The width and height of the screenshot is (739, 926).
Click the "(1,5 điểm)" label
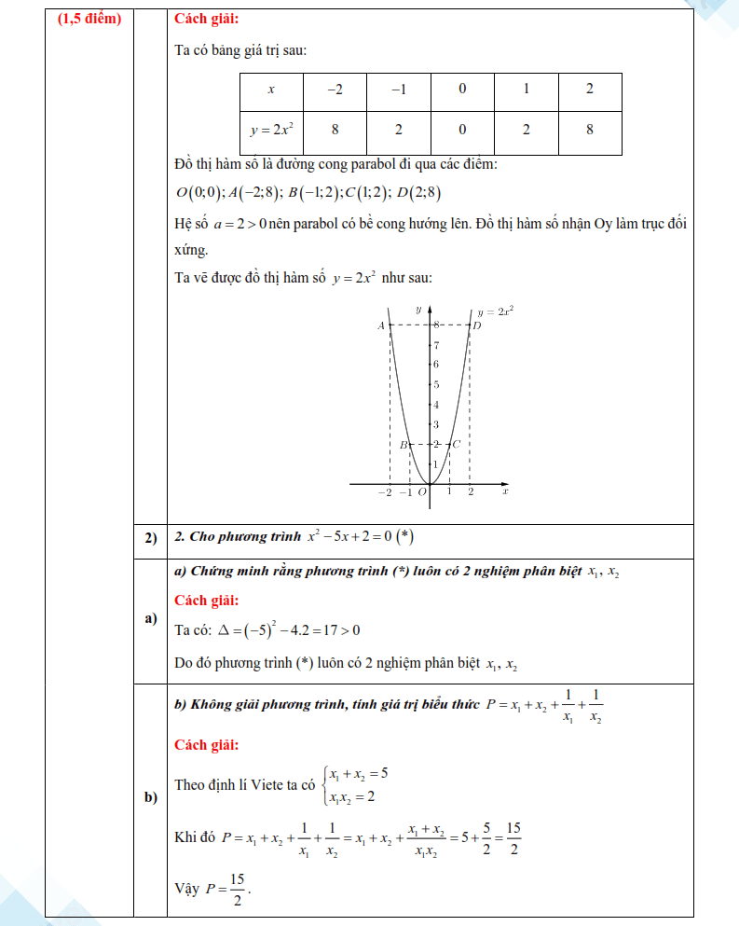pyautogui.click(x=89, y=19)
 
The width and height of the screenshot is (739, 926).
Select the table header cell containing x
pyautogui.click(x=271, y=90)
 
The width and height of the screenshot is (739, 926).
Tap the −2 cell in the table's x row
pyautogui.click(x=335, y=90)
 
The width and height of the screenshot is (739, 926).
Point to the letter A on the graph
pyautogui.click(x=380, y=325)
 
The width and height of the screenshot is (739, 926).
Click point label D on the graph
pyautogui.click(x=477, y=325)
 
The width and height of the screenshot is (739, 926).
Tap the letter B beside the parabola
pyautogui.click(x=404, y=446)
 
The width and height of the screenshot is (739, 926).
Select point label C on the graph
pyautogui.click(x=457, y=446)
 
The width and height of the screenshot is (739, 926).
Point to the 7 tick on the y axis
pyautogui.click(x=435, y=345)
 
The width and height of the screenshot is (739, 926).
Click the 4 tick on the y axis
pyautogui.click(x=435, y=405)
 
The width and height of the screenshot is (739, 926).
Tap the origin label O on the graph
pyautogui.click(x=422, y=492)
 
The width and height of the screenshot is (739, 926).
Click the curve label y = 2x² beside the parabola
pyautogui.click(x=496, y=312)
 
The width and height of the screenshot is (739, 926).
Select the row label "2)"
pyautogui.click(x=150, y=538)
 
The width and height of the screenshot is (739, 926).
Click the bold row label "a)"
pyautogui.click(x=150, y=618)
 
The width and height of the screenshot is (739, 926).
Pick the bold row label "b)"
pyautogui.click(x=150, y=797)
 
